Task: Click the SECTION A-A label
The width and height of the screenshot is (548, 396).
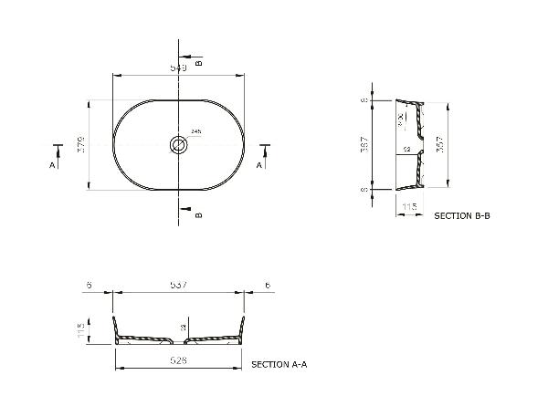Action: pyautogui.click(x=279, y=364)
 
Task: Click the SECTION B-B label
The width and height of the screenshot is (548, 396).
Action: pyautogui.click(x=462, y=216)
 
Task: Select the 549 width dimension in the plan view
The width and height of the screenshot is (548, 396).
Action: pyautogui.click(x=179, y=68)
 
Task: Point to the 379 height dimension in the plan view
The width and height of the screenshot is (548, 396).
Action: pyautogui.click(x=80, y=144)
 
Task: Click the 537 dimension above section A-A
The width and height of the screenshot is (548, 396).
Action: pyautogui.click(x=179, y=286)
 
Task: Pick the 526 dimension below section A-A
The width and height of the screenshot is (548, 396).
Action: pyautogui.click(x=179, y=360)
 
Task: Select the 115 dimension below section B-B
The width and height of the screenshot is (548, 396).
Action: pyautogui.click(x=409, y=208)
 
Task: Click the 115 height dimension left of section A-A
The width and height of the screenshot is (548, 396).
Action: pyautogui.click(x=80, y=328)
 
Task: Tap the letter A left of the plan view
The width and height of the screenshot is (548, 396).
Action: pyautogui.click(x=53, y=166)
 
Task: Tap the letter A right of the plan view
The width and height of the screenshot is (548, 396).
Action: pyautogui.click(x=259, y=166)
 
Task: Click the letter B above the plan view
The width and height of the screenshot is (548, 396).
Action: pyautogui.click(x=198, y=61)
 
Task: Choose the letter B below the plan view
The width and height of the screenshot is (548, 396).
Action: pyautogui.click(x=198, y=215)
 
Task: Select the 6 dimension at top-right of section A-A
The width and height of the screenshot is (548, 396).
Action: pyautogui.click(x=267, y=286)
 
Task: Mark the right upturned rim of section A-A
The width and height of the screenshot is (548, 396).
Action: pyautogui.click(x=243, y=327)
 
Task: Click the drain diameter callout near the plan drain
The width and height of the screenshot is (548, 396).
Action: pyautogui.click(x=196, y=132)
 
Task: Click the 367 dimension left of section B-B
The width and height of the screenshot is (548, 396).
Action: pyautogui.click(x=364, y=144)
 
